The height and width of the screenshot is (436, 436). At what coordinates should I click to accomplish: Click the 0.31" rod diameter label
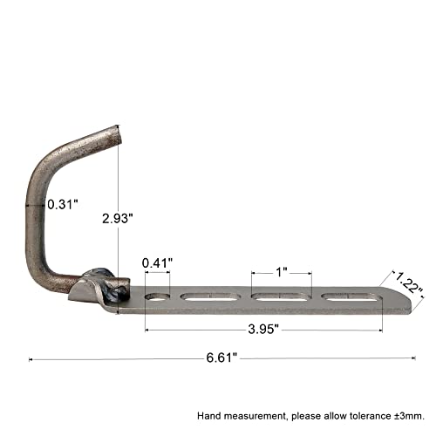coord(63,204)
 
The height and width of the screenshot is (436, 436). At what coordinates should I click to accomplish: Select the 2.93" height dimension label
coord(118,218)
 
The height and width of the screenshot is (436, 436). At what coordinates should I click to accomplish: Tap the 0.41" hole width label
coord(157,263)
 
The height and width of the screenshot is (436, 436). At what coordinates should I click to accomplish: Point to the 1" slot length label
coord(282,272)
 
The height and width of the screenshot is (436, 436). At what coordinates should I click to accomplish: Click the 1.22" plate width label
coord(409,283)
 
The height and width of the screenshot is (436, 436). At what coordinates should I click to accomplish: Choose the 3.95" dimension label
coord(263,330)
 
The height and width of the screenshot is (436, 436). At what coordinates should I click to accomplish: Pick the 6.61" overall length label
coord(221,358)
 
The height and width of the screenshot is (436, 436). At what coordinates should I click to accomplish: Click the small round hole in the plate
coord(157,296)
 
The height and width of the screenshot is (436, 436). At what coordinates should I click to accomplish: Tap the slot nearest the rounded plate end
coord(351,296)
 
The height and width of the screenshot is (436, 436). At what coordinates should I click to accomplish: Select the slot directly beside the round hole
coord(210,296)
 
